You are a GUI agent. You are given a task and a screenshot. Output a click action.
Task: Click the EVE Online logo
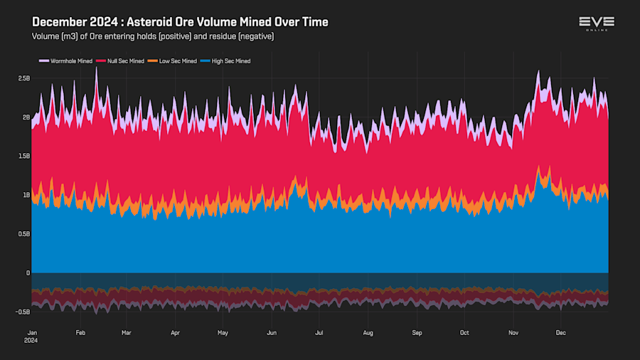coord(597,23)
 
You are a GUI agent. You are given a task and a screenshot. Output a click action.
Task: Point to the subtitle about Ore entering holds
coord(153,36)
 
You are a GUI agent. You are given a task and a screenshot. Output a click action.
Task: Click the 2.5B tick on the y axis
coord(24,78)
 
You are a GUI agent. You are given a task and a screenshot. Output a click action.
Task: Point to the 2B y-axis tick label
coord(26,117)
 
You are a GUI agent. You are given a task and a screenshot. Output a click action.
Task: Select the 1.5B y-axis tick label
coord(24,156)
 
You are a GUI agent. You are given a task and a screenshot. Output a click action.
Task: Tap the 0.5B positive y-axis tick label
coord(24,233)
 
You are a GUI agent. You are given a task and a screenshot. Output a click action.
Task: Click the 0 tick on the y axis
coord(28,272)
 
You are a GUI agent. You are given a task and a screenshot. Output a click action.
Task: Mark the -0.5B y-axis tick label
coord(23,312)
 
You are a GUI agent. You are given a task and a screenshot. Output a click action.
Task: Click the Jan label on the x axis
coord(33,332)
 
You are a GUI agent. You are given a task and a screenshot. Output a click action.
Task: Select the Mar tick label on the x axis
coord(127,332)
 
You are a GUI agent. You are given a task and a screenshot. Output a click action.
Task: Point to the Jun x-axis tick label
coord(271,332)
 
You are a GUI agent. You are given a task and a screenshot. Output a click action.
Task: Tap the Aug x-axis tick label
coord(368,332)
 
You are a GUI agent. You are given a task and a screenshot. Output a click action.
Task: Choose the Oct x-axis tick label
coord(464,332)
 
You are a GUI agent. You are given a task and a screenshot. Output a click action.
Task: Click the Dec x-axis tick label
coord(560,332)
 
